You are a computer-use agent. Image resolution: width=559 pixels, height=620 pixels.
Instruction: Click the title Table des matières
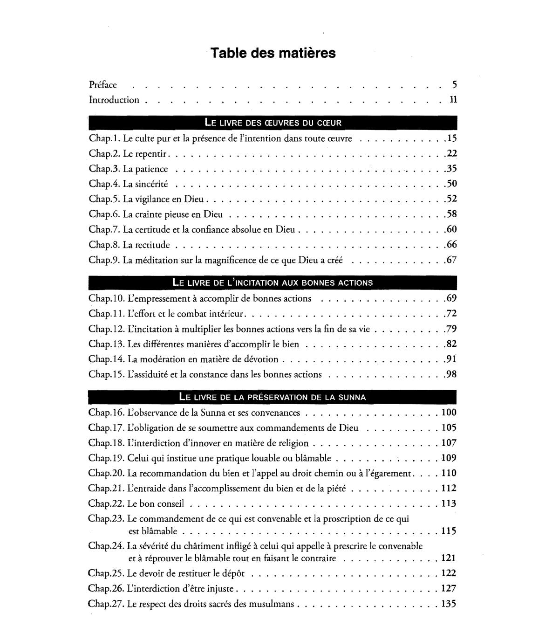coord(273,53)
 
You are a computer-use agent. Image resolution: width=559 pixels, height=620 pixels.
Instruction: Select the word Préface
coord(103,85)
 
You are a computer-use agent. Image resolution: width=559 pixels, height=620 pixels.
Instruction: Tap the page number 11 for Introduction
coord(453,100)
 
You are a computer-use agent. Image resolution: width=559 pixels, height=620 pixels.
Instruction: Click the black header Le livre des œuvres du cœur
coord(273,123)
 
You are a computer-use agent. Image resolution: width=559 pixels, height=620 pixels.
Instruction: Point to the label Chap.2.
coord(104,154)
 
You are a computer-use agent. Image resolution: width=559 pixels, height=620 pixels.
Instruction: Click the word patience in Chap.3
coord(151,169)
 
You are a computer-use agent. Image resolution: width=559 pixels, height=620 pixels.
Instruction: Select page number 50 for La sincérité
coord(451,184)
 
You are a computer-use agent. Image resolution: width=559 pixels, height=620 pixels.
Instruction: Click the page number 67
coord(451,260)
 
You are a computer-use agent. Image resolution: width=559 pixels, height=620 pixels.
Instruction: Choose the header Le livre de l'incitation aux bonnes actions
coord(273,282)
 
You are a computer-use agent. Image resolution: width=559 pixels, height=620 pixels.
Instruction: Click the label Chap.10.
coord(107,298)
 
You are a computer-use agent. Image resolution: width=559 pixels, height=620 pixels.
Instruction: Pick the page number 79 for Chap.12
coord(451,329)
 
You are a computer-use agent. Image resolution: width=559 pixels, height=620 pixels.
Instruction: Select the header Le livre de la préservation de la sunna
coord(273,398)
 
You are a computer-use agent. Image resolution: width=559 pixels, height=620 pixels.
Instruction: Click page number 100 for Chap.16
coord(449,413)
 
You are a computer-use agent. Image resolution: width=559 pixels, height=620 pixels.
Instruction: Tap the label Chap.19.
coord(107,458)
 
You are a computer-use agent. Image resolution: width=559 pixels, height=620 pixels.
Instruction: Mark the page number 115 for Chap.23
coord(449,531)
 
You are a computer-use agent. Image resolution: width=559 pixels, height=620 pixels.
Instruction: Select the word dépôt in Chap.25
coord(232,573)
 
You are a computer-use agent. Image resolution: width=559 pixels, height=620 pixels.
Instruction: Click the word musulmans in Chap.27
coord(272,604)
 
